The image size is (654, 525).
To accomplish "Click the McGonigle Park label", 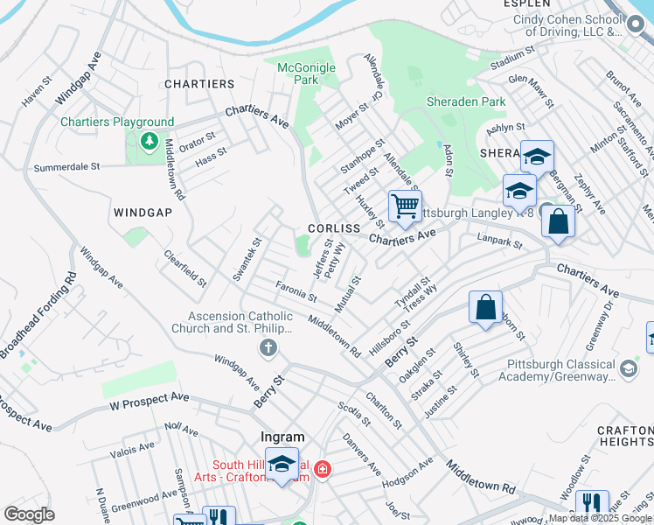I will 297,73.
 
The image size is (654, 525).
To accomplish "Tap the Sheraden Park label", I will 466,101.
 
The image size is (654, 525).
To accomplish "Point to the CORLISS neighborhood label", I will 334,228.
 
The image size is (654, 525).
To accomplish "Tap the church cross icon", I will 268,349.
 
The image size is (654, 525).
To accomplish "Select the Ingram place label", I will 282,437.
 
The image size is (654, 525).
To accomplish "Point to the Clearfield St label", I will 185,269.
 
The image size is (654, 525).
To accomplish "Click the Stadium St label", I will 512,59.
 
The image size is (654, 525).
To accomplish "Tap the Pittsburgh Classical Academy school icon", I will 628,369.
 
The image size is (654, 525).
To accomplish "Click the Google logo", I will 29,514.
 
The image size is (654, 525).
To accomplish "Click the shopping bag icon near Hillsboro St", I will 485,308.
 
